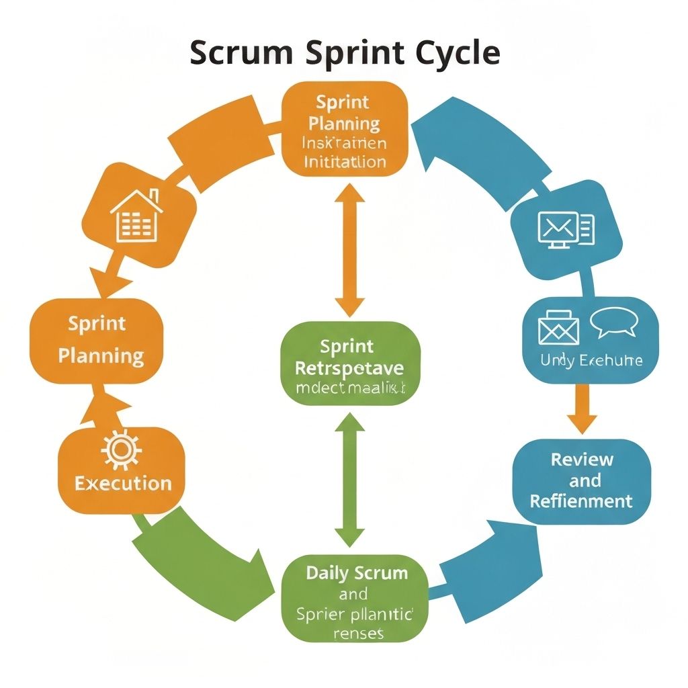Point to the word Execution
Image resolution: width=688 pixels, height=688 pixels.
(123, 483)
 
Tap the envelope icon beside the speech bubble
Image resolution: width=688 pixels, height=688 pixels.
(558, 327)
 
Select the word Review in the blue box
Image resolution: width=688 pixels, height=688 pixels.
(582, 460)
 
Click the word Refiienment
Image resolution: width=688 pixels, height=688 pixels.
(582, 501)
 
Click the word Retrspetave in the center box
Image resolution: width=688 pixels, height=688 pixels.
(351, 368)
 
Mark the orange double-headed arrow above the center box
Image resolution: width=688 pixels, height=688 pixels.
(349, 249)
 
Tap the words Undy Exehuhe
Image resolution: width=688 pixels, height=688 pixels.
(591, 360)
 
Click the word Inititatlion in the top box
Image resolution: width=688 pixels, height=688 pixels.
(345, 162)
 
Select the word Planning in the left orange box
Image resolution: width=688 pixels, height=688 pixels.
(101, 355)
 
